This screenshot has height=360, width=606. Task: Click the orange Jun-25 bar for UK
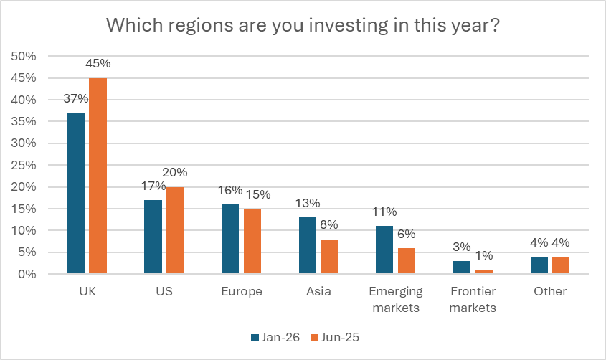[x=98, y=176]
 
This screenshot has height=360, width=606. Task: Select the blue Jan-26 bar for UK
[x=76, y=193]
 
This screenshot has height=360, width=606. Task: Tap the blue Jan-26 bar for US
[x=153, y=237]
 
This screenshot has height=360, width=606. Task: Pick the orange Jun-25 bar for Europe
[x=252, y=241]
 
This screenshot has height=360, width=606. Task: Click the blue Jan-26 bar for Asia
[x=307, y=245]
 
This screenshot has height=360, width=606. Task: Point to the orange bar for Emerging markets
[x=406, y=260]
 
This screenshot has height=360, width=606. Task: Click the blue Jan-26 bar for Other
[x=538, y=265]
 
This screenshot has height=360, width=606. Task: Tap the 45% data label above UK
[x=98, y=64]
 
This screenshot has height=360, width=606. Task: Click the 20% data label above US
[x=174, y=173]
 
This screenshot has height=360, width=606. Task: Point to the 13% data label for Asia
[x=307, y=202]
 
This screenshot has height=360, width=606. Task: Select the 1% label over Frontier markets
[x=484, y=257]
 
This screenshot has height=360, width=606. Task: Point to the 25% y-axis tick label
[x=26, y=165]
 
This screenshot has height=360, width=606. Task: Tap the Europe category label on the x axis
[x=242, y=292]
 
